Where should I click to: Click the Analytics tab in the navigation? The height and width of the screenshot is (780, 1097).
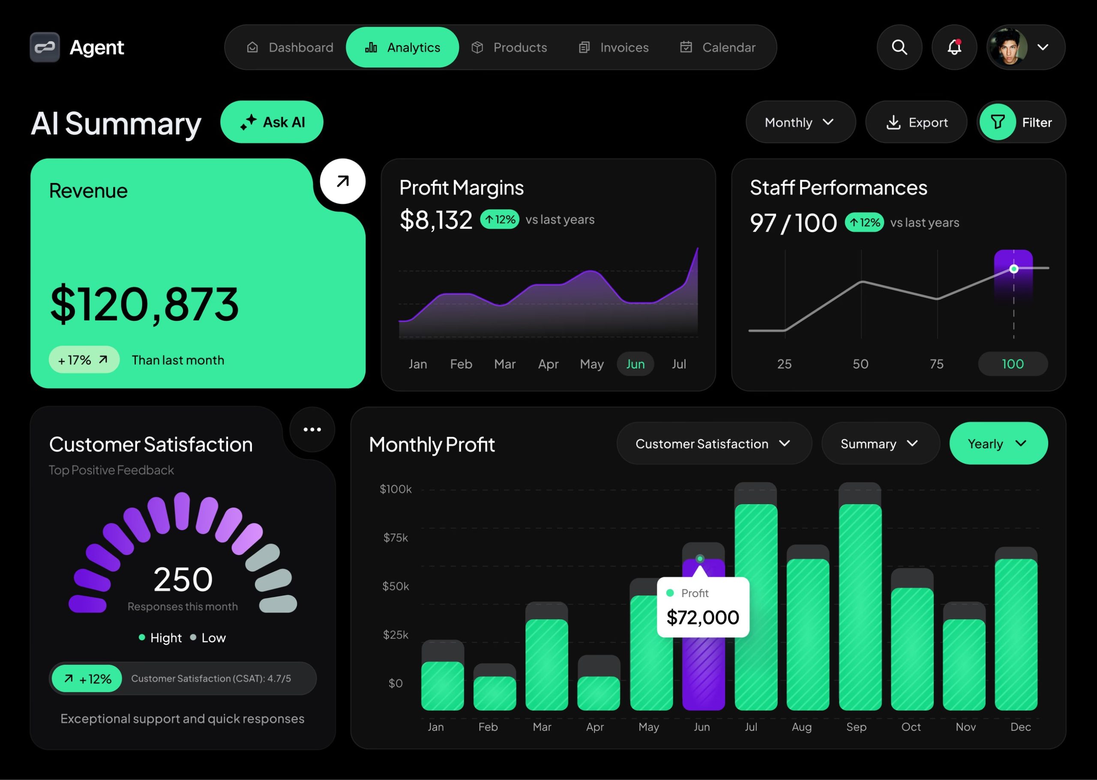coord(402,48)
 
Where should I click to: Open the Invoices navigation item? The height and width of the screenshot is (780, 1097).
coord(614,48)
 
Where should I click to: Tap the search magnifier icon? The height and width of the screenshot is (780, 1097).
coord(899,48)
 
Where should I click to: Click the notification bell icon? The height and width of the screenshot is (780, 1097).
coord(954,48)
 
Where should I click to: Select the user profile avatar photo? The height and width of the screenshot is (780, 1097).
coord(1008,48)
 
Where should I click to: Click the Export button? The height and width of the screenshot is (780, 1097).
coord(916,123)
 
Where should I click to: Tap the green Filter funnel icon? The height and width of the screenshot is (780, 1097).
coord(998,122)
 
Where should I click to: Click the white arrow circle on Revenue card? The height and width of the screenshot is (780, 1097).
coord(343,182)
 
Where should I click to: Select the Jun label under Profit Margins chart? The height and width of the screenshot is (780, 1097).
coord(635,364)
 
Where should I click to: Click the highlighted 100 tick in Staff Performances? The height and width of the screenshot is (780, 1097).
coord(1013,364)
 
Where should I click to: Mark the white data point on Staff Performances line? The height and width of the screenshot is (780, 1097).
coord(1013,269)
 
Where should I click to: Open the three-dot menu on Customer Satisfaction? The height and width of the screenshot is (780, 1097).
coord(312,429)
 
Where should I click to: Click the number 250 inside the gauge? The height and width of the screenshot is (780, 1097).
coord(183,579)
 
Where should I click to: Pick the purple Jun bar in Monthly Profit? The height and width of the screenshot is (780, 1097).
coord(703,672)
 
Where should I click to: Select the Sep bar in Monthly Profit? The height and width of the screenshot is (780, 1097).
coord(860,605)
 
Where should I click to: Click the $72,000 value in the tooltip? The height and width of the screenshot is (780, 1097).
coord(702,618)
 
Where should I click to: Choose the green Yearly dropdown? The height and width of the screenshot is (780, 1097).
coord(998,444)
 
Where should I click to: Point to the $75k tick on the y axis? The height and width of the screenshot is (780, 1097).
coord(396,538)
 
